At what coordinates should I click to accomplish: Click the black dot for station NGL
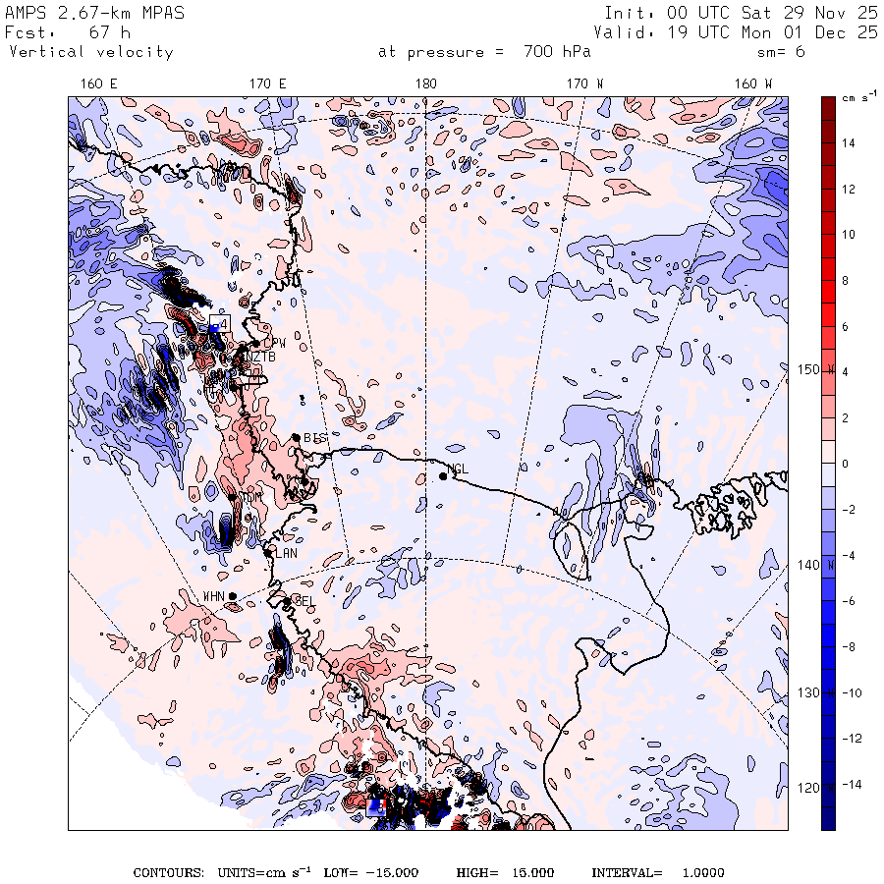pos(443,476)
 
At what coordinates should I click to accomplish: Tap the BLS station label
pos(314,437)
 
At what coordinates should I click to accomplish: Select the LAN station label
pos(286,553)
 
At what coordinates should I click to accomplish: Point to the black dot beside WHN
pos(232,596)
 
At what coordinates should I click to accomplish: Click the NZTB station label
pos(260,357)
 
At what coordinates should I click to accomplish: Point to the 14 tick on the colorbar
pos(848,143)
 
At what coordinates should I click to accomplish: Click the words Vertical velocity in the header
pos(91,52)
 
